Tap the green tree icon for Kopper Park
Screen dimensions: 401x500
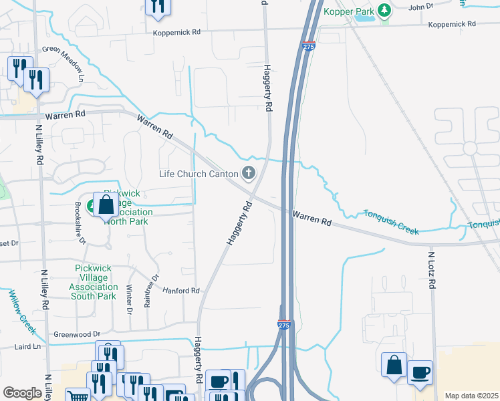[384, 10]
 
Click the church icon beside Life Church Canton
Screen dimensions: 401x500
[249, 174]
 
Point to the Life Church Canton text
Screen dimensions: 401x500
[199, 174]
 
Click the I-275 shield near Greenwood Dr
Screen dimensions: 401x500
[283, 324]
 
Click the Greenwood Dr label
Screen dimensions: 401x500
[77, 333]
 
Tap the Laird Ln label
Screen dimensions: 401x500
[27, 347]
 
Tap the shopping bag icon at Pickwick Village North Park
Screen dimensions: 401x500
[106, 205]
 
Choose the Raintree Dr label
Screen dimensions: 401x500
[151, 290]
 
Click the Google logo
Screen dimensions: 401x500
[22, 393]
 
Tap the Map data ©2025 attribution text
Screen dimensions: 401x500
[471, 396]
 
